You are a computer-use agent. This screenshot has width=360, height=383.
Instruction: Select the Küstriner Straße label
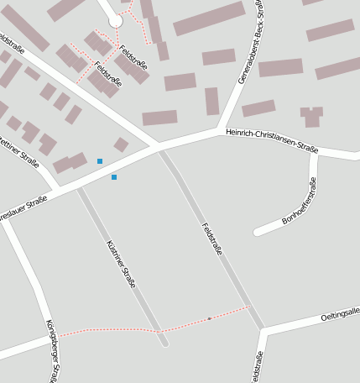coord(121,265)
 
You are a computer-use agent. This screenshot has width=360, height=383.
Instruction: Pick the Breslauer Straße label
coord(22,209)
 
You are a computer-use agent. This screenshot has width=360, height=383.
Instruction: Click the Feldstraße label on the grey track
coord(212,239)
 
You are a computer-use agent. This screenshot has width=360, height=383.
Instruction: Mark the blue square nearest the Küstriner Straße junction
coord(114,177)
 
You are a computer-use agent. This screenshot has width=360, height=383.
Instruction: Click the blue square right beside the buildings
coord(100,161)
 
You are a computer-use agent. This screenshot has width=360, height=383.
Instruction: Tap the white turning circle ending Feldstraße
coord(115,21)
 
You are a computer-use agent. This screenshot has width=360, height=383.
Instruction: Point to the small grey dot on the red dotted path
coord(209,318)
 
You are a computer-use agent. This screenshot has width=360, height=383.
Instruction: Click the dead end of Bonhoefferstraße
coord(257,230)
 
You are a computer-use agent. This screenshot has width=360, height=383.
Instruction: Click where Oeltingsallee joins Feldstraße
coord(263,331)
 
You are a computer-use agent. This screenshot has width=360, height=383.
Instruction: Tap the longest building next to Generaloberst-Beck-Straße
coord(209,18)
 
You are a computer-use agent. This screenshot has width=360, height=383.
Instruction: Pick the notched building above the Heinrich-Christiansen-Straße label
coord(312,116)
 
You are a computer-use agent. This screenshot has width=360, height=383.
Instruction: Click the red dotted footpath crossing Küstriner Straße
coord(159,331)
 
